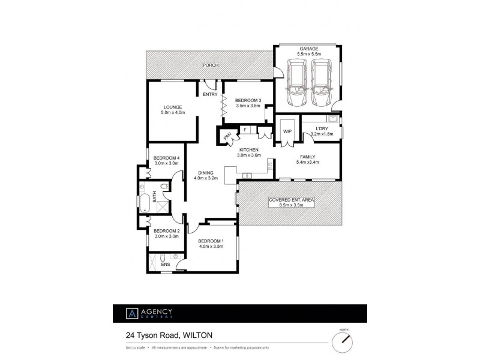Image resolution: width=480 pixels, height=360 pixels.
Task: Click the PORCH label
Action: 210,65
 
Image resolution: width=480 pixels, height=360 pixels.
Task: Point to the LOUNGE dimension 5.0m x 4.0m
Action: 173,113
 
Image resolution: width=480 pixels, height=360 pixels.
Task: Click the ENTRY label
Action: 210,94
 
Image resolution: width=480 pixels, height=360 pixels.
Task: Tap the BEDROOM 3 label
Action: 248,100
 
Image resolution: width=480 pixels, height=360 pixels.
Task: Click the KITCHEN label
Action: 249,149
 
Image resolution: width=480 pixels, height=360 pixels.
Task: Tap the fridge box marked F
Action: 245,130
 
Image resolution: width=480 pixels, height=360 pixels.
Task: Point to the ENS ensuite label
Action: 166,264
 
